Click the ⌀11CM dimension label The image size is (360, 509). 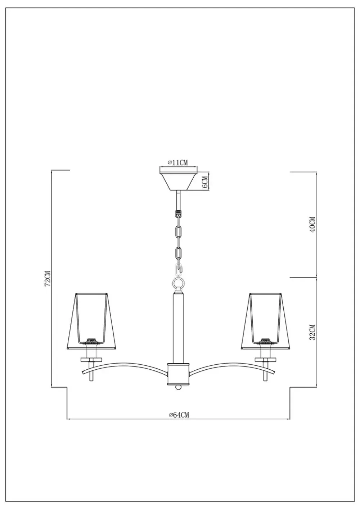pos(178,162)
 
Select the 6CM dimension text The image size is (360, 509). pos(204,181)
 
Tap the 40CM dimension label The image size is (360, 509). pos(312,225)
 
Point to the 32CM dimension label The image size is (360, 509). pos(312,332)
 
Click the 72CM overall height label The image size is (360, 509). pos(46,279)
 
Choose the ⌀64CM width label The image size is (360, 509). pos(179,415)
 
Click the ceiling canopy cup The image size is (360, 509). pos(178,180)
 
